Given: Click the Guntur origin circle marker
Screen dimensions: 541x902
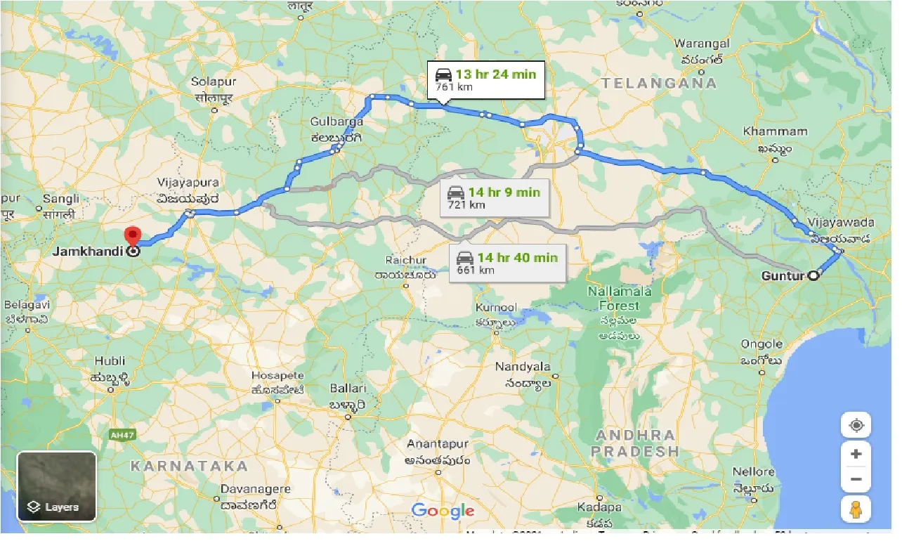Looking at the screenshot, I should coord(813,276).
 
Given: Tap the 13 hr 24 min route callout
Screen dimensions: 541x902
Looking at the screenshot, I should coord(485,79).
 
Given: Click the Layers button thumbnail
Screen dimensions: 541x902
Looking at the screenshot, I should coord(57,485).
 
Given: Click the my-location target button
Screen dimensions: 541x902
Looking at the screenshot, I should coord(856,425).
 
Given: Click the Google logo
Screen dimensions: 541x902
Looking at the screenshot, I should coord(443,511).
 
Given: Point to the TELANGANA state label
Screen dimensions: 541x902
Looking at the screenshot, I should coord(659,83).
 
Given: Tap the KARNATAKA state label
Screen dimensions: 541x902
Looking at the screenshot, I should coord(189,466).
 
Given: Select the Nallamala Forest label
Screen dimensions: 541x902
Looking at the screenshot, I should coord(619,299).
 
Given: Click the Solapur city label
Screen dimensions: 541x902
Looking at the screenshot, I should coord(214,82).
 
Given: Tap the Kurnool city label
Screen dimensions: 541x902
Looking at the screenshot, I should coord(496,308).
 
